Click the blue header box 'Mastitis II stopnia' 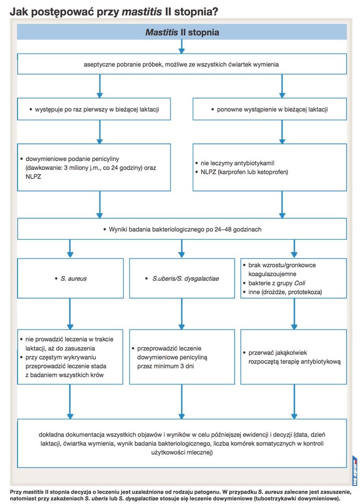[x=182, y=32]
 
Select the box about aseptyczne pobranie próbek [x=182, y=64]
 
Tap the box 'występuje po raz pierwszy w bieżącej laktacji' [x=94, y=109]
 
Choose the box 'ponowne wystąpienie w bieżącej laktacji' [x=269, y=109]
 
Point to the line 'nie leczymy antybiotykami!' [x=238, y=163]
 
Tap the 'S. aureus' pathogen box [x=70, y=278]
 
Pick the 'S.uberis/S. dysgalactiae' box [x=182, y=278]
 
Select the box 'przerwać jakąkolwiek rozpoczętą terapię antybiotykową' [x=294, y=357]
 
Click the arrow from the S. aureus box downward [x=70, y=314]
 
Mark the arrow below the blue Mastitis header [x=182, y=47]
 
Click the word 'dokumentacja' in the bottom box [x=84, y=435]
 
